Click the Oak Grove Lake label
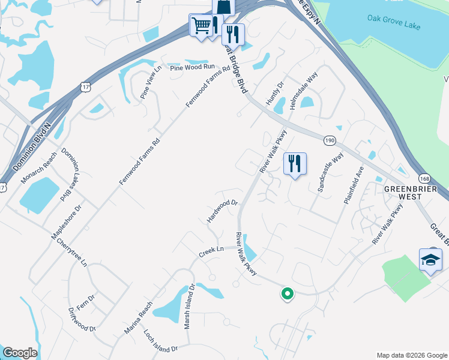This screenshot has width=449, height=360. point(394,22)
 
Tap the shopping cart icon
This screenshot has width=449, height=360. point(200,25)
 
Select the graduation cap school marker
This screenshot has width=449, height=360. point(430,260)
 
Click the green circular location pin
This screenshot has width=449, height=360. point(287,293)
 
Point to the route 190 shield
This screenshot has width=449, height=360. point(330,140)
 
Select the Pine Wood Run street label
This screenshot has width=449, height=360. point(192,68)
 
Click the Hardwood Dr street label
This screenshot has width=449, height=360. point(223,211)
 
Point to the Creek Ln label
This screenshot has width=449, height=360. point(211,251)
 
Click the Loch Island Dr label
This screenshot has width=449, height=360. point(161,340)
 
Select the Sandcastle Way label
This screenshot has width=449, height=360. point(331,172)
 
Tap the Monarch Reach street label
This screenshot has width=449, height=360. point(39,167)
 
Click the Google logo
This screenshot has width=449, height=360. point(20,353)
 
